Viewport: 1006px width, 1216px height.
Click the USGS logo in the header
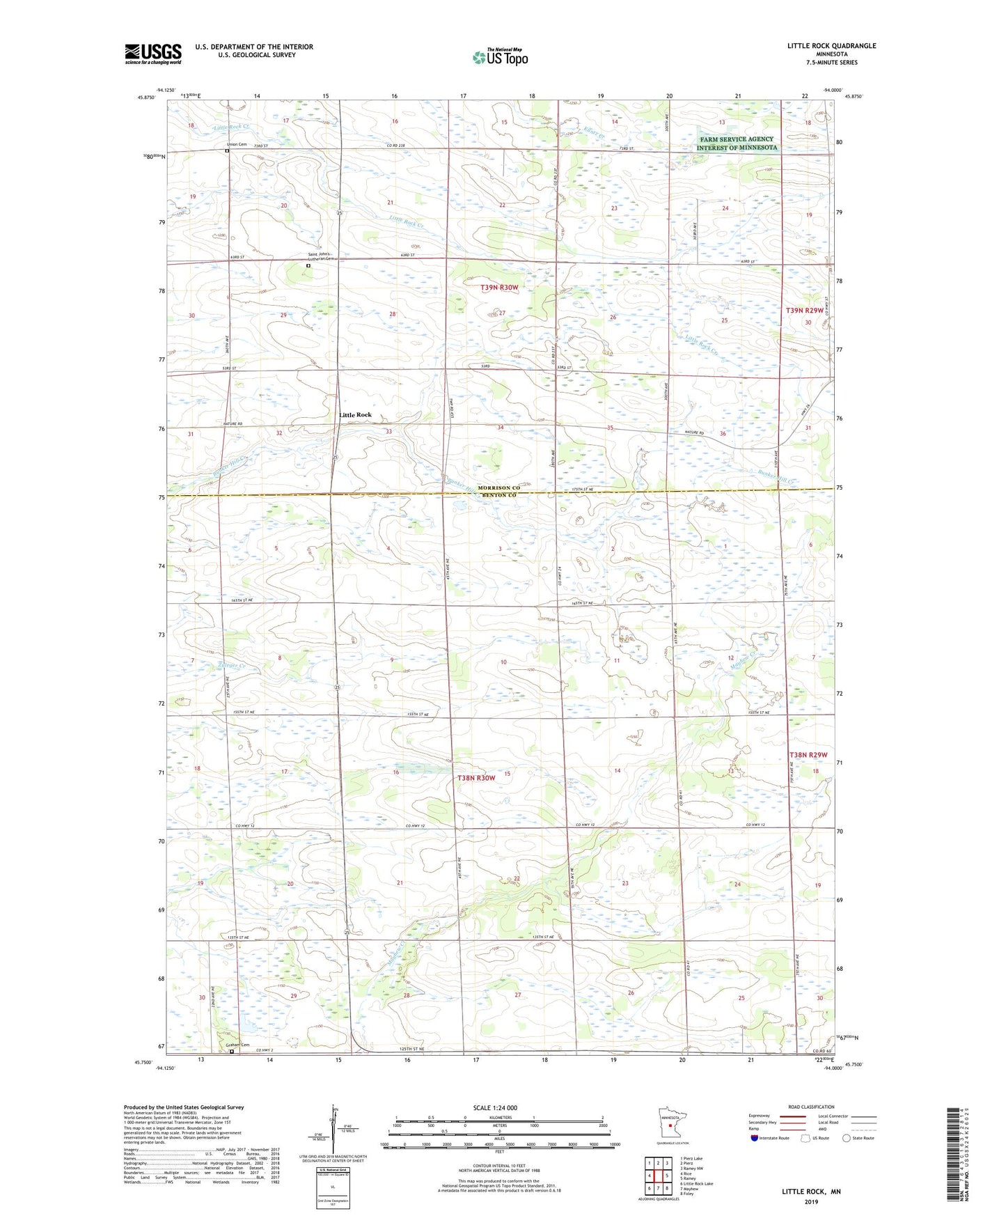[x=152, y=54]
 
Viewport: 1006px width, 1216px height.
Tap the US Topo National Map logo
[x=500, y=56]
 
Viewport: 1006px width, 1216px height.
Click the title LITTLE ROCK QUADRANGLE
[x=831, y=46]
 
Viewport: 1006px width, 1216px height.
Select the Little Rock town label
[x=355, y=415]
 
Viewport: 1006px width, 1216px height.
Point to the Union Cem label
[x=236, y=144]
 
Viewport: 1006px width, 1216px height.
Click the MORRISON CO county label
[x=498, y=488]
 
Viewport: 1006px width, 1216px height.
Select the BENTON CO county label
[x=498, y=495]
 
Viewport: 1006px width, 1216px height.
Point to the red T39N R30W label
[x=499, y=288]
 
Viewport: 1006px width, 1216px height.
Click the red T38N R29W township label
[x=808, y=755]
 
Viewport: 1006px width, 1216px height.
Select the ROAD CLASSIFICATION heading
[x=810, y=1107]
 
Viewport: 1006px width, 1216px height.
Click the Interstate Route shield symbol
[x=755, y=1138]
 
